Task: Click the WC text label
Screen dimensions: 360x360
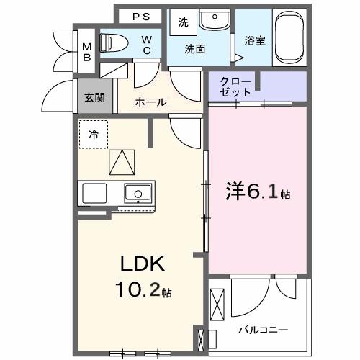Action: coord(146,45)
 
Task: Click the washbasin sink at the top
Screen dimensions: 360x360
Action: coord(214,20)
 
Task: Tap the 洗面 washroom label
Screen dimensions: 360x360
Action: coord(194,50)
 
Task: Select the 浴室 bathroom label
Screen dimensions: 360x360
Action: coord(255,41)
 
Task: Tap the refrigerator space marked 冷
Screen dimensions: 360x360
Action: coord(94,135)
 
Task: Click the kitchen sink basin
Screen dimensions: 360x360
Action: coord(137,192)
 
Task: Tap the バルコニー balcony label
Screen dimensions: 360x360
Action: coord(264,330)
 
